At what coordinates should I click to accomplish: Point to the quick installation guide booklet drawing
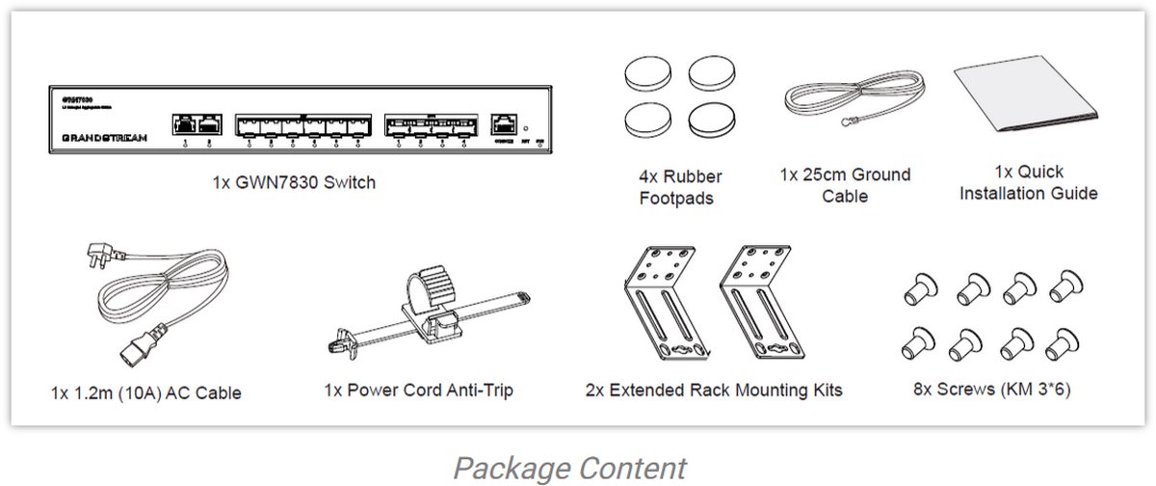coord(1025,101)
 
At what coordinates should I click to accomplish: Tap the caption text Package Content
coord(569,468)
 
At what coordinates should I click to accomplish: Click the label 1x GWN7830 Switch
coord(295,182)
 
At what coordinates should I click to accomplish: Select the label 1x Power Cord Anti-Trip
coord(418,391)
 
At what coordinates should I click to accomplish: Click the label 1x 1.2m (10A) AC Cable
coord(145,393)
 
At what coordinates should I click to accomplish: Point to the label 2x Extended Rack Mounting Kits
coord(713,391)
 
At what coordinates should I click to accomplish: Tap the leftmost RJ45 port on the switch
coord(184,124)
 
